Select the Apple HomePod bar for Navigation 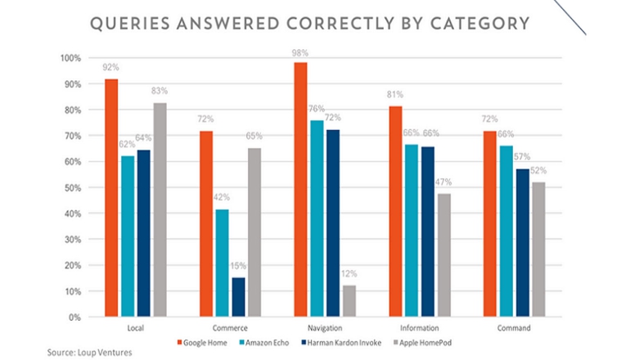point(349,301)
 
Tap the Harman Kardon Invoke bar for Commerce point(238,297)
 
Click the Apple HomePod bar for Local point(160,209)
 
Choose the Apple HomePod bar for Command point(538,250)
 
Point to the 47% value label point(444,182)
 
